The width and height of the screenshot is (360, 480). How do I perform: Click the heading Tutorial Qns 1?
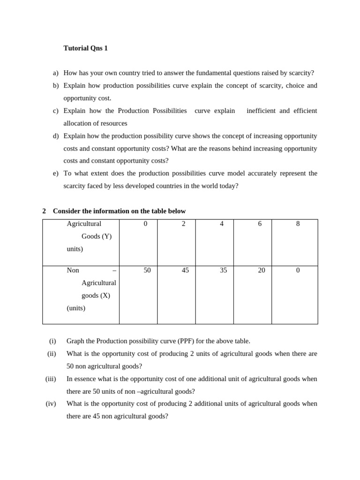coord(85,48)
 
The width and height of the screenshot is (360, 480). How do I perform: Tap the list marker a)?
coord(56,73)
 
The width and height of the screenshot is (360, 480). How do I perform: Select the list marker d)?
coord(56,136)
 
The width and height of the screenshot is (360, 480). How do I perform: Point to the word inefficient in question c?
coord(261,111)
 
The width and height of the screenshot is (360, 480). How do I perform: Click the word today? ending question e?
coord(226,186)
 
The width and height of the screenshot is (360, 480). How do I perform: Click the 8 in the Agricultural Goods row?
coord(298,224)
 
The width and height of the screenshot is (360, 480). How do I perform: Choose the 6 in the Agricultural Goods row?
coord(260,224)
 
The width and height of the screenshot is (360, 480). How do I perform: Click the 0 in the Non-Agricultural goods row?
coord(298,270)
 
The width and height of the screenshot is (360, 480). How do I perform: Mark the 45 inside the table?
coord(185,270)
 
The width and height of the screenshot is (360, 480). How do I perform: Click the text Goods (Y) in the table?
coord(97,236)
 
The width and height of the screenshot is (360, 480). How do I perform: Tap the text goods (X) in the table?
coord(96,295)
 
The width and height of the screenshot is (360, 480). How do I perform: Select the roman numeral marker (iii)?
coord(50,379)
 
